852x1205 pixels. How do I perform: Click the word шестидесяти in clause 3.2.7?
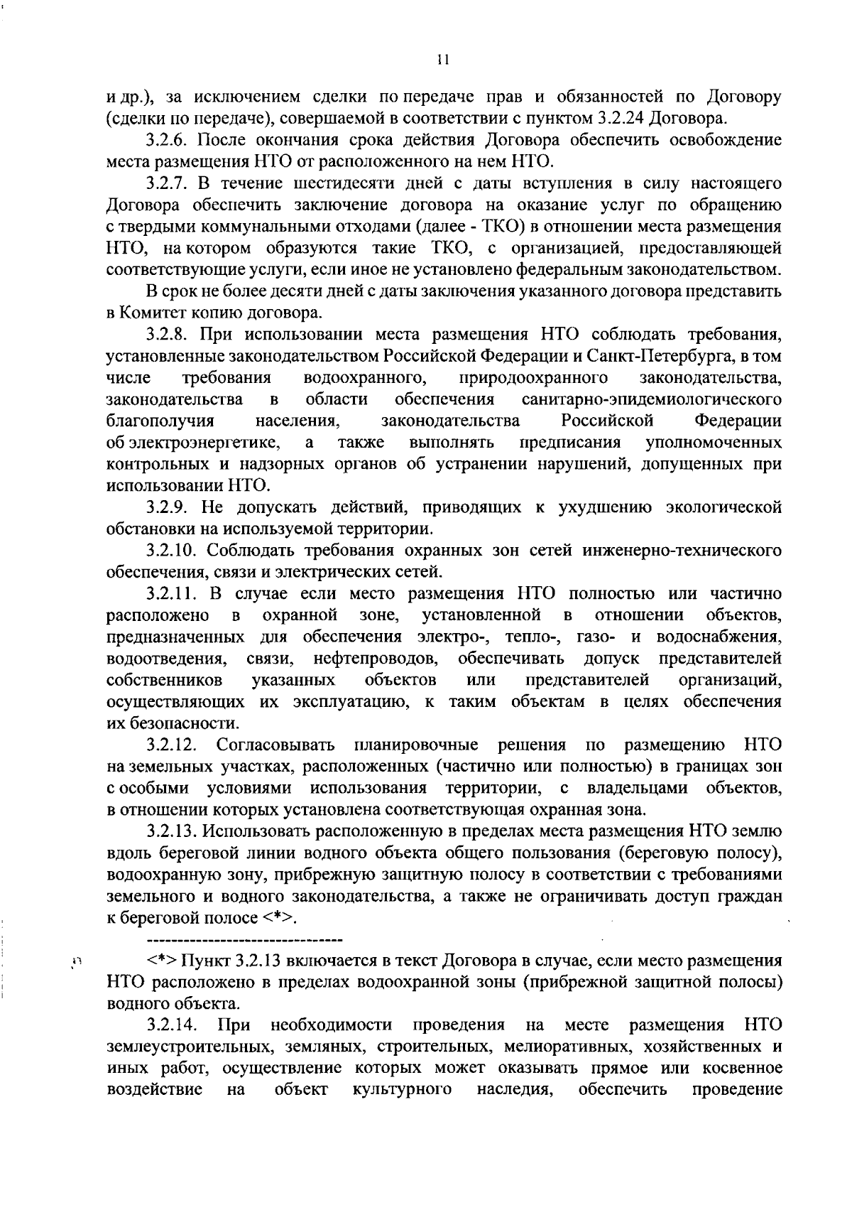[330, 183]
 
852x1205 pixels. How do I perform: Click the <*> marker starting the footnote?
[163, 961]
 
